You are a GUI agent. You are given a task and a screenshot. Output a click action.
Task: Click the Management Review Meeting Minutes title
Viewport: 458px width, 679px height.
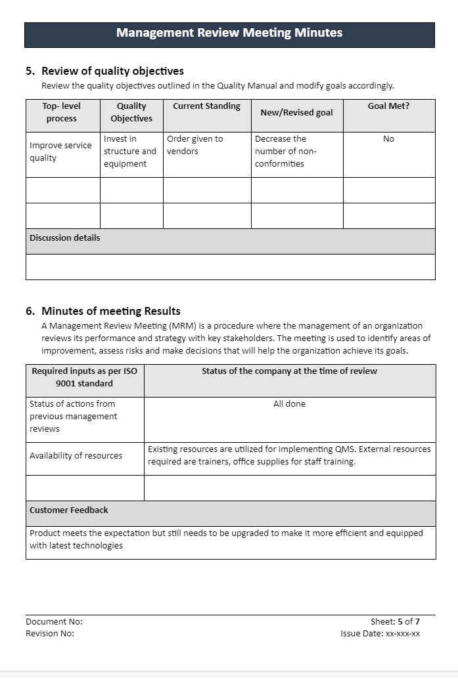(229, 33)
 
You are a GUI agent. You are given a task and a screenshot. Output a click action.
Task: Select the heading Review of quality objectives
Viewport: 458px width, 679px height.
(112, 71)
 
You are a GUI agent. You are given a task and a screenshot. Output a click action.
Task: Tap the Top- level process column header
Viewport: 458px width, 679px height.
(62, 112)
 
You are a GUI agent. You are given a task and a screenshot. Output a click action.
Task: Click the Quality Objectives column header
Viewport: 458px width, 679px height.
(131, 112)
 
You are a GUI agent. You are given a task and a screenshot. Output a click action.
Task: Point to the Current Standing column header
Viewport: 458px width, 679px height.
(206, 106)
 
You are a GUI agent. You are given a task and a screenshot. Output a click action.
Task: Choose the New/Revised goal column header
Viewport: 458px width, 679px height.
(296, 112)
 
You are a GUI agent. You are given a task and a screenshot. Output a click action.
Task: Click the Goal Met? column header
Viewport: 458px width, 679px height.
(388, 106)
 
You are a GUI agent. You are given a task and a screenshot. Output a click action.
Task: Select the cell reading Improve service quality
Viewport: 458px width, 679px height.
(60, 152)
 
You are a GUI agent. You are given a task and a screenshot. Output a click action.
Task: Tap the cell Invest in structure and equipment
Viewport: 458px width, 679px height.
(130, 152)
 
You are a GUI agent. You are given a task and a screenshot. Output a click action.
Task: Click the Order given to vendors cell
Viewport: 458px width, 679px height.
(195, 145)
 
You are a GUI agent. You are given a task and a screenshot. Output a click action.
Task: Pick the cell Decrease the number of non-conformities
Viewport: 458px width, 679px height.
(286, 152)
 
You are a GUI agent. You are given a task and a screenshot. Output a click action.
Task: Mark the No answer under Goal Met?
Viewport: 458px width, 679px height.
(388, 139)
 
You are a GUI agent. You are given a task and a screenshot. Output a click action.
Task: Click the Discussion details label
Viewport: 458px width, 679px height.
(65, 238)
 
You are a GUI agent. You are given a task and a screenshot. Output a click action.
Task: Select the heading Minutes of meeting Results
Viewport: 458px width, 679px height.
(110, 311)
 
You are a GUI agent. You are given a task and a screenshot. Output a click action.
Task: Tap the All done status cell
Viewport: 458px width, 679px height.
(289, 404)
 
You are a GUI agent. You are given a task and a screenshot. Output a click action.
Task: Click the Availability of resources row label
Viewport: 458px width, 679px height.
(76, 456)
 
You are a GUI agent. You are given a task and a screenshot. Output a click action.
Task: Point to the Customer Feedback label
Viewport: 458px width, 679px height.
(69, 510)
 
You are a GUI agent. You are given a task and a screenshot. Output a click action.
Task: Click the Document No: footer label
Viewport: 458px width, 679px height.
(54, 621)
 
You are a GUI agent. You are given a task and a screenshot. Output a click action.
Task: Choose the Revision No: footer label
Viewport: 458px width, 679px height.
(50, 634)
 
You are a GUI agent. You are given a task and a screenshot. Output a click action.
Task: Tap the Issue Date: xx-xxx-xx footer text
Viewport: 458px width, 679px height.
(380, 634)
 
